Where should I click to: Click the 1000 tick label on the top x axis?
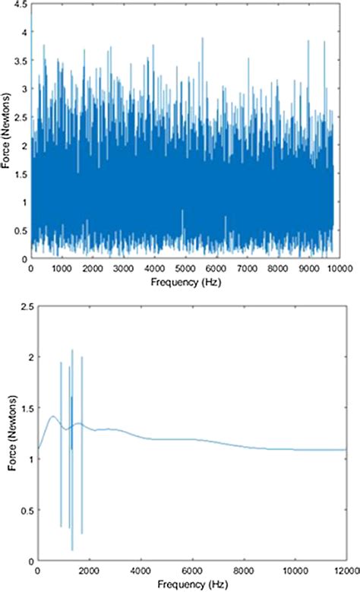62,269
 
